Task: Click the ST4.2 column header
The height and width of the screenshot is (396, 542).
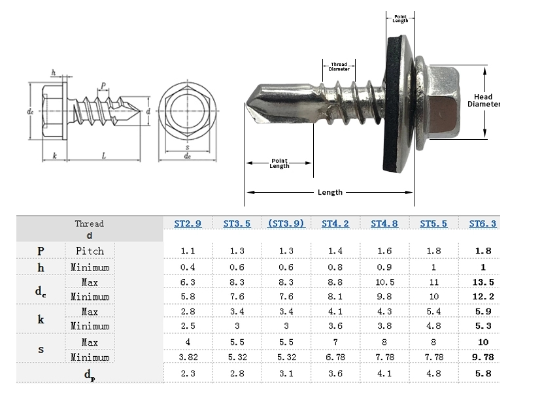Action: [335, 223]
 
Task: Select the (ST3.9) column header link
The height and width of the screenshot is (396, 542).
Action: [286, 223]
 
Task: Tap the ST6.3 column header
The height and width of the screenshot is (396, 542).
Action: [483, 223]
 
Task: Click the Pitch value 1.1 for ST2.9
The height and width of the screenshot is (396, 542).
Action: [188, 251]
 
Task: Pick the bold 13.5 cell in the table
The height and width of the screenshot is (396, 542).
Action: [483, 282]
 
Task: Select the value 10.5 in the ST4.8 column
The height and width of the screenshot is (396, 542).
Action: [384, 282]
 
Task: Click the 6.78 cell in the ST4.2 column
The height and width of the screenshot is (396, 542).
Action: [335, 357]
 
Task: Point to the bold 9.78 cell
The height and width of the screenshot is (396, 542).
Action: [483, 357]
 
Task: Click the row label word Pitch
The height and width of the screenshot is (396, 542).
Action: [90, 251]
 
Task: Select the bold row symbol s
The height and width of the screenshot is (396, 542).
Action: [41, 350]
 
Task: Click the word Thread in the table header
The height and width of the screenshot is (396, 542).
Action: [89, 223]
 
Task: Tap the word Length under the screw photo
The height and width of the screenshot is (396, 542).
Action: [330, 192]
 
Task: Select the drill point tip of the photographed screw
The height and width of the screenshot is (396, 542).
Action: [249, 105]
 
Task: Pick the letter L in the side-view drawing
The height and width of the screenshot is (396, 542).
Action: [104, 156]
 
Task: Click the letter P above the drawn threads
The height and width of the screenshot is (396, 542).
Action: [103, 86]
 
